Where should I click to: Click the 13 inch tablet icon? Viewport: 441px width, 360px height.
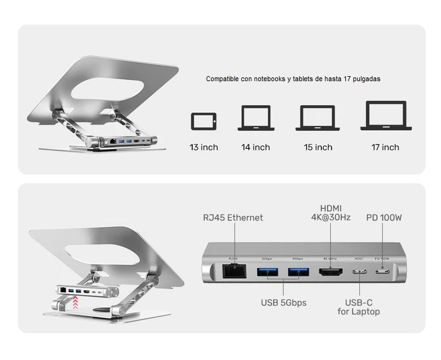(x=203, y=121)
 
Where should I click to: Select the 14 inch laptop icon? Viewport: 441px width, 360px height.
(x=256, y=118)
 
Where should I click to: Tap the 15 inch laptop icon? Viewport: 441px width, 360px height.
(x=318, y=118)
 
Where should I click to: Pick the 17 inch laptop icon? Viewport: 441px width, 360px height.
(x=386, y=116)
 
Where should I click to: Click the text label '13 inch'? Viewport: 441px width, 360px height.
(x=203, y=147)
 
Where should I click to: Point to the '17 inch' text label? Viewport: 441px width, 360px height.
(x=385, y=147)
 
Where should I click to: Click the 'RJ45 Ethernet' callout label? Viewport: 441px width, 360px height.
(x=233, y=218)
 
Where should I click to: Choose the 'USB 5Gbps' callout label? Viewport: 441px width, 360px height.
(x=283, y=303)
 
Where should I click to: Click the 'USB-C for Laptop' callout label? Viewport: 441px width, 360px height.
(x=358, y=307)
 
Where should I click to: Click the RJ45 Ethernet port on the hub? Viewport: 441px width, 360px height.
(x=234, y=272)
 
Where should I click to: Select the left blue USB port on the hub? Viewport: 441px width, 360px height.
(x=266, y=272)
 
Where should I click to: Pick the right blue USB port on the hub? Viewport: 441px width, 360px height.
(x=298, y=272)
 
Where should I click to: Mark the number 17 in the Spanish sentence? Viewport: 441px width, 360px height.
(x=347, y=79)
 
